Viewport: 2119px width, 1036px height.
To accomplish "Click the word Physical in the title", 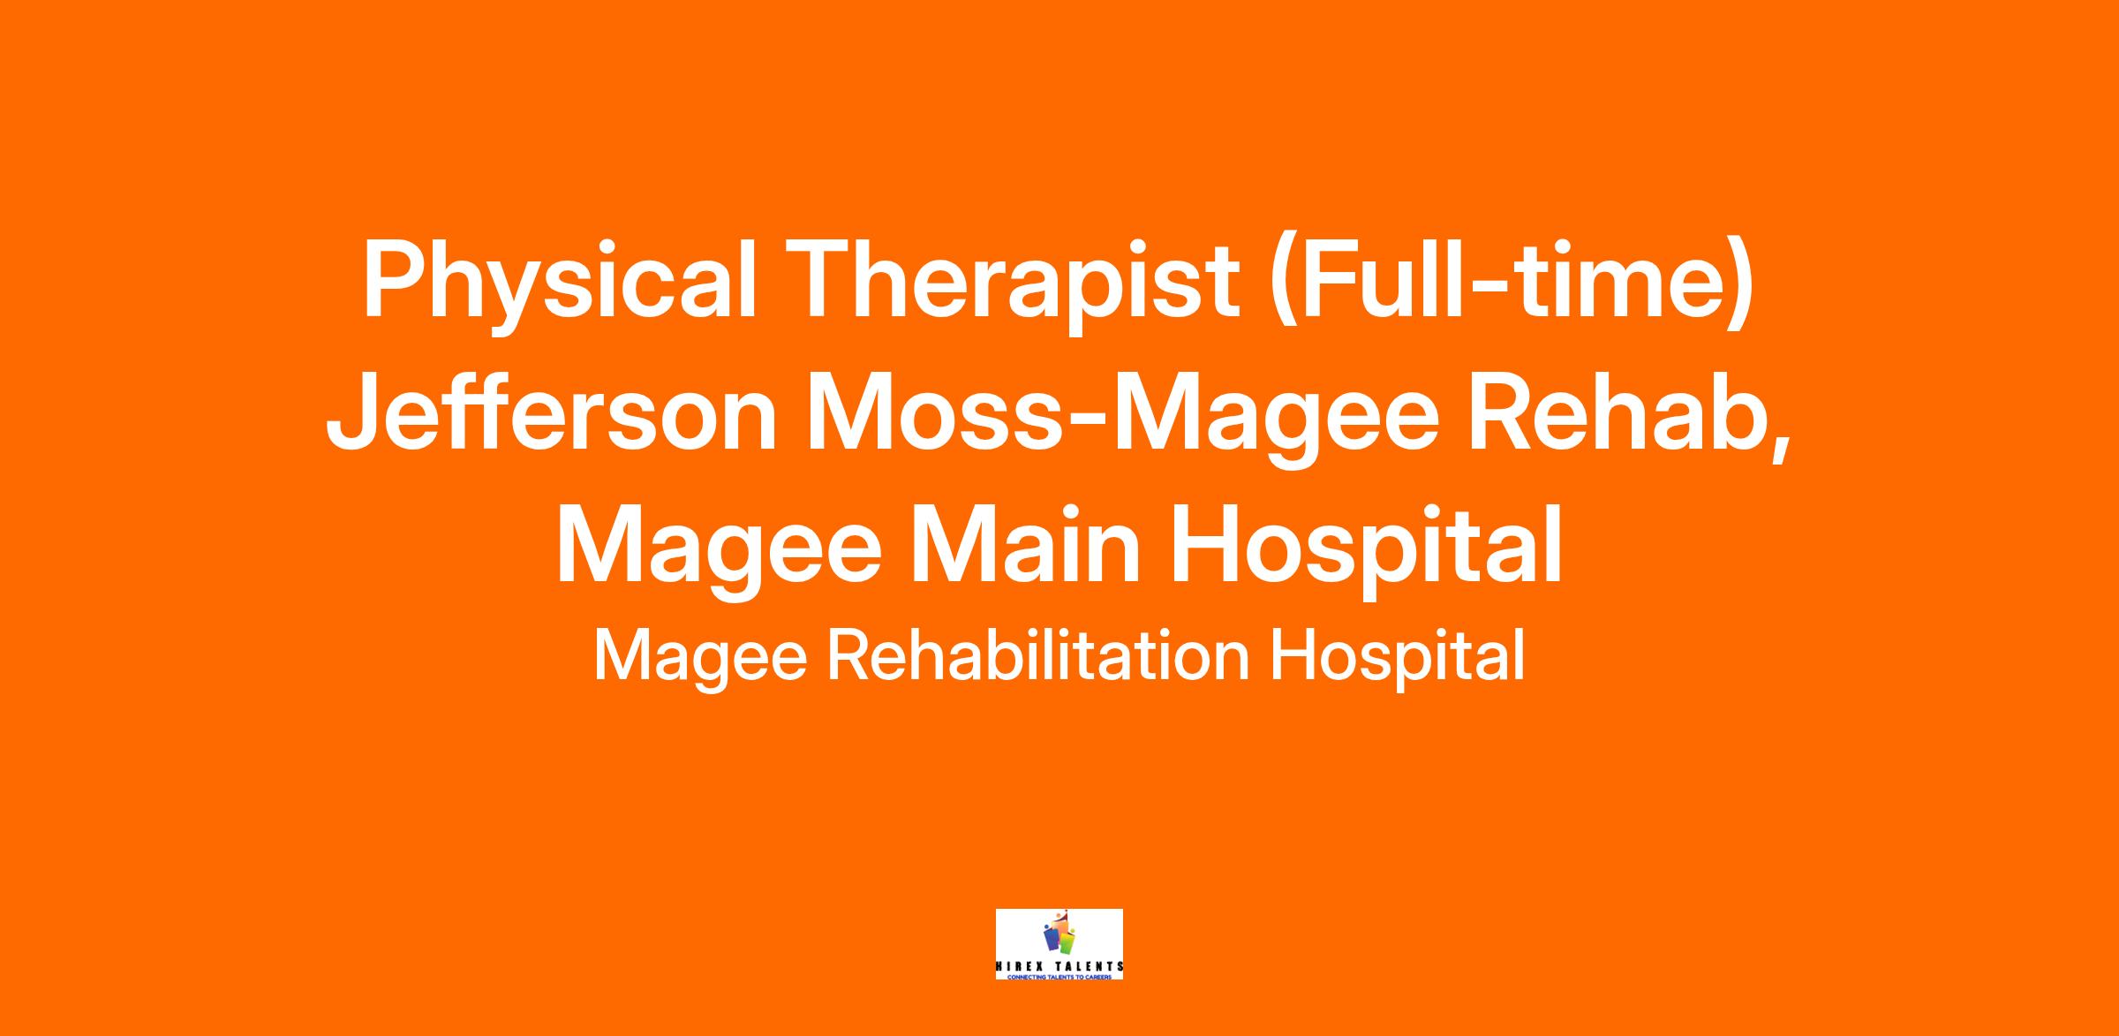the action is pyautogui.click(x=560, y=284).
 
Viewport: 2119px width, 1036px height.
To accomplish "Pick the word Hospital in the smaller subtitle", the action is pyautogui.click(x=1398, y=658).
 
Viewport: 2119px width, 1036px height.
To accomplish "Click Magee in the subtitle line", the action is pyautogui.click(x=700, y=658).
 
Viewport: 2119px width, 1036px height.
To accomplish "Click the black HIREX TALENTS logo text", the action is pyautogui.click(x=1059, y=966).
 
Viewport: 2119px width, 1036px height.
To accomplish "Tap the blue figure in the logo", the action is pyautogui.click(x=1050, y=938).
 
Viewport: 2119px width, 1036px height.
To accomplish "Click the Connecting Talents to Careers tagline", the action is pyautogui.click(x=1059, y=976).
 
